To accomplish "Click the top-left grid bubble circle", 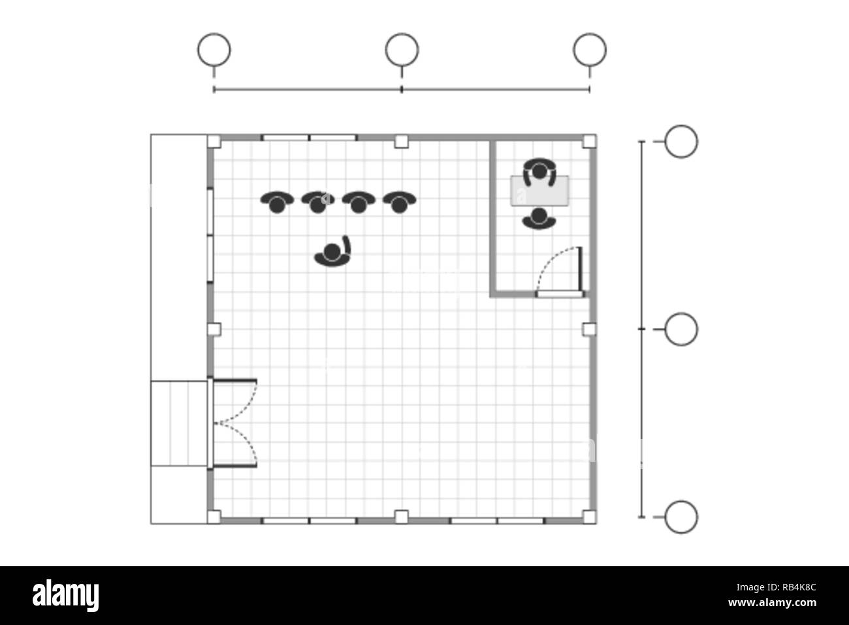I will point(214,50).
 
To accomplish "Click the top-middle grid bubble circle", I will point(402,50).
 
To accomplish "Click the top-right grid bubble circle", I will point(590,50).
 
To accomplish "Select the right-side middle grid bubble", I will point(681,329).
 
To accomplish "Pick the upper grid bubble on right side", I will point(681,141).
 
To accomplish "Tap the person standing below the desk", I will point(539,219).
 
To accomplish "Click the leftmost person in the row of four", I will point(277,202).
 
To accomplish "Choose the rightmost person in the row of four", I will point(399,202).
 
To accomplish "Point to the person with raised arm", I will point(334,253).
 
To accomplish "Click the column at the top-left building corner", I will point(214,140).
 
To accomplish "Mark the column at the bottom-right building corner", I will point(589,517).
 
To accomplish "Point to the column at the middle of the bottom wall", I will point(402,517).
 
